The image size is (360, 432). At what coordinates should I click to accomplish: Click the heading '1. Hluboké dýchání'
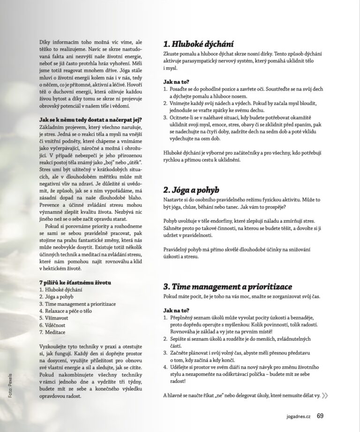pyautogui.click(x=198, y=45)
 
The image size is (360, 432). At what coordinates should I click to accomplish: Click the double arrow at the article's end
pyautogui.click(x=325, y=395)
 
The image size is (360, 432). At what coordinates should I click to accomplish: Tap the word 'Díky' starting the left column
pyautogui.click(x=46, y=42)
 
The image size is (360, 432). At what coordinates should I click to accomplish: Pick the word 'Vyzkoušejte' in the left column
pyautogui.click(x=56, y=346)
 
